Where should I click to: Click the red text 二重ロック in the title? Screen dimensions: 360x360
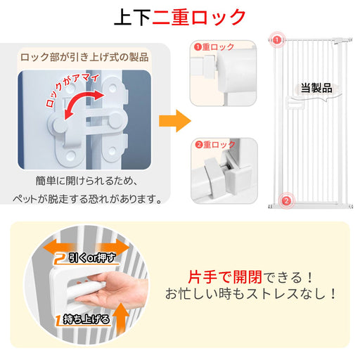(199, 17)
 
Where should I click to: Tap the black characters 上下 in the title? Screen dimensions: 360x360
(133, 17)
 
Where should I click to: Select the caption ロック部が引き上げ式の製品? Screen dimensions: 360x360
(84, 57)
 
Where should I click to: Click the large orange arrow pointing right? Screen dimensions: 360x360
(175, 121)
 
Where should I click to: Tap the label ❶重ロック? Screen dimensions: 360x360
(214, 47)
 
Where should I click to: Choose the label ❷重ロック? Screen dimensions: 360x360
(215, 145)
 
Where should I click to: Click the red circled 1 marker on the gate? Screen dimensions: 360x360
(277, 39)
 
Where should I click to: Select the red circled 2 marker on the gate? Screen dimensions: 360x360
(286, 200)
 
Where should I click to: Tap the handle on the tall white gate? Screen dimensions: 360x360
(294, 104)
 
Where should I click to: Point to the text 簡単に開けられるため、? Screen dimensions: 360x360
(86, 181)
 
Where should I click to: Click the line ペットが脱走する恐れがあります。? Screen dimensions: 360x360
(87, 199)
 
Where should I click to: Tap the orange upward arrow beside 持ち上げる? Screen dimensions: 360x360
(121, 319)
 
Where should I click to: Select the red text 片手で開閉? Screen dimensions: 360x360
(225, 277)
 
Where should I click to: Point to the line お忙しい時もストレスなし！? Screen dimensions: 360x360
(251, 294)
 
